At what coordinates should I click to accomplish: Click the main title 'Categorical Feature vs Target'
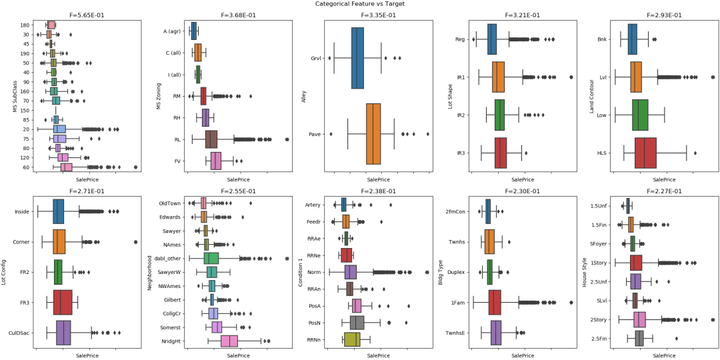click(360, 4)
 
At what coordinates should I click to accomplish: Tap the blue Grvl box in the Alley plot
click(358, 58)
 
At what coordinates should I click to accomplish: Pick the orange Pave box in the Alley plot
click(373, 134)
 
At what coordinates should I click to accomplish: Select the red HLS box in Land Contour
click(645, 153)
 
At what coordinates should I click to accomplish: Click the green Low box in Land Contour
click(640, 115)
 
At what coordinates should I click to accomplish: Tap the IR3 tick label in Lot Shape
click(461, 153)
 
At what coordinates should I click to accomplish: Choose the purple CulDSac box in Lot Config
click(63, 332)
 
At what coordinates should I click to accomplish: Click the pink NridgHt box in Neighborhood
click(229, 341)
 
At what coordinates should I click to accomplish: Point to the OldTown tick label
click(171, 203)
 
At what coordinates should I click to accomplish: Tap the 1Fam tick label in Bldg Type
click(458, 302)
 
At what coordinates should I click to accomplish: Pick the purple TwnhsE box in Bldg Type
click(496, 332)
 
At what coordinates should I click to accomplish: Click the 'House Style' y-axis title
click(585, 272)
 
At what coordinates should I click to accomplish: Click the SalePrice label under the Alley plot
click(378, 180)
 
